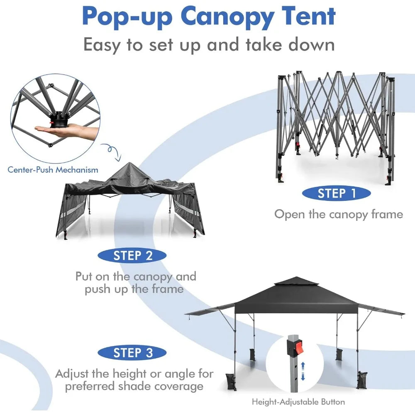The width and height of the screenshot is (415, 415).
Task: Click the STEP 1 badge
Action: (x=336, y=193)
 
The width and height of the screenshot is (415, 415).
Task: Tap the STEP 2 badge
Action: (x=132, y=256)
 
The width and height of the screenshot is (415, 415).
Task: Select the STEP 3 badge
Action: (x=132, y=353)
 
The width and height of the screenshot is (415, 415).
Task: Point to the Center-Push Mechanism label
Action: (x=53, y=169)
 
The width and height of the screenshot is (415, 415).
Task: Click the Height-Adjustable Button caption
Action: (x=298, y=402)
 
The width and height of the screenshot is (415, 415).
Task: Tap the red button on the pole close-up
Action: (x=297, y=347)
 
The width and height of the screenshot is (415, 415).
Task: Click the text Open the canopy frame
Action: (x=338, y=214)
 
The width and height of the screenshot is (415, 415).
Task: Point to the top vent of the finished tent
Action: (x=295, y=282)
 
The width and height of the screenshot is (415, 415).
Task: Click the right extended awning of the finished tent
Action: (x=381, y=310)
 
